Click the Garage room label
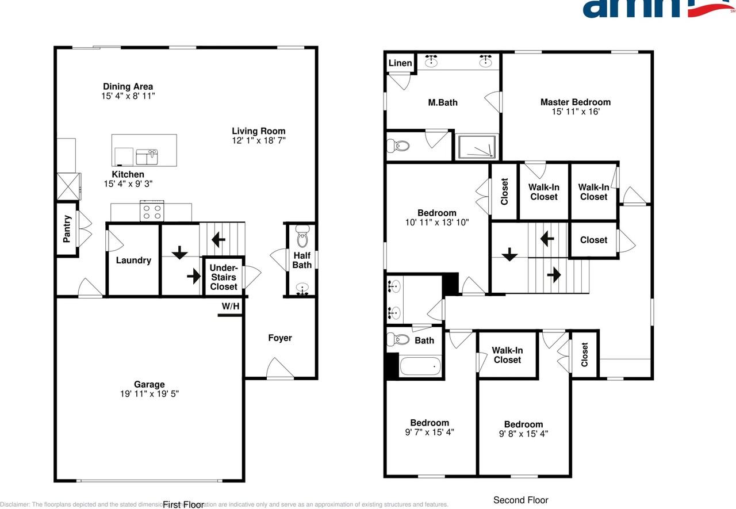coord(149,384)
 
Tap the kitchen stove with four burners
coord(152,211)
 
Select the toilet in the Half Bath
coord(302,237)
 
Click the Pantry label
coord(67,228)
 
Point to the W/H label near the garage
coord(231,307)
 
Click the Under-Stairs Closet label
coord(223,277)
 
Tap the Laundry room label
coord(133,261)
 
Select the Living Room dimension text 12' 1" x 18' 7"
coord(258,140)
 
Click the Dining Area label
coord(128,87)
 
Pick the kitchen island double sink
coord(146,156)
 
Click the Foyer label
coord(280,338)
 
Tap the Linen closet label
coord(400,63)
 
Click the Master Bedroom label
coord(575,102)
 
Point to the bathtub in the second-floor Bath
coord(420,366)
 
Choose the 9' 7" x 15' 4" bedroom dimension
coord(430,433)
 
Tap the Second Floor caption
coord(521,500)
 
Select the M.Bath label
coord(443,103)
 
